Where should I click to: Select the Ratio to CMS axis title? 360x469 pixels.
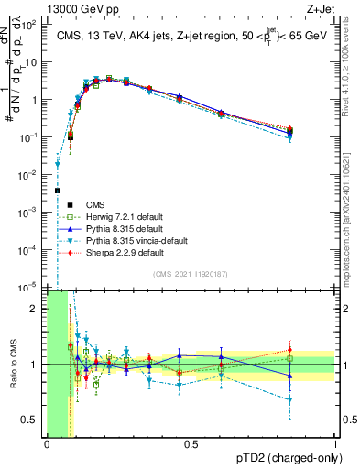12,365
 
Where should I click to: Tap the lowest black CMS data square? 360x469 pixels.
57,191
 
